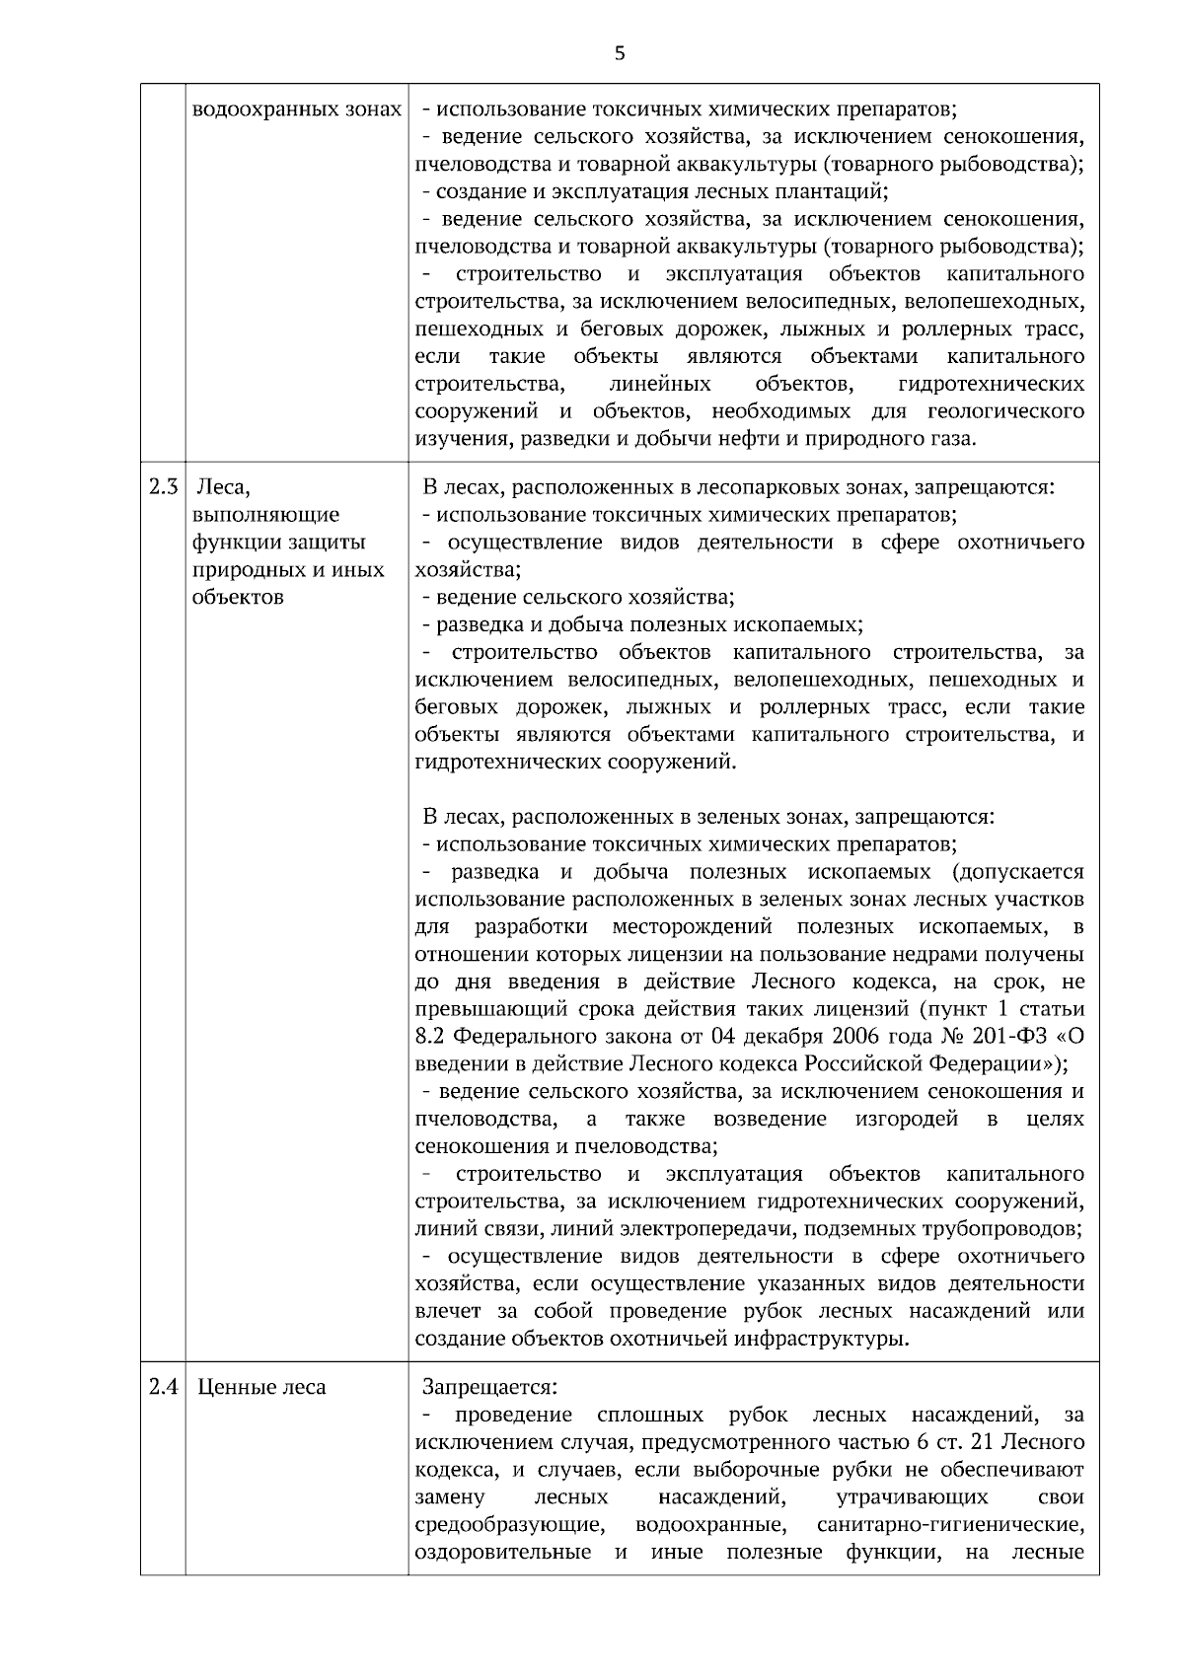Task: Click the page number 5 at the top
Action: [x=620, y=54]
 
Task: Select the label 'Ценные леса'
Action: [x=261, y=1387]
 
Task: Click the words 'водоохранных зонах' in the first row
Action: [x=296, y=109]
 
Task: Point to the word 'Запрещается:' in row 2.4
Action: [x=489, y=1387]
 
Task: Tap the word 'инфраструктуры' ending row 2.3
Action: [x=833, y=1339]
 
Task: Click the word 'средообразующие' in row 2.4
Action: [x=509, y=1553]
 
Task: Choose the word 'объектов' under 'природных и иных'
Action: [x=238, y=598]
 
